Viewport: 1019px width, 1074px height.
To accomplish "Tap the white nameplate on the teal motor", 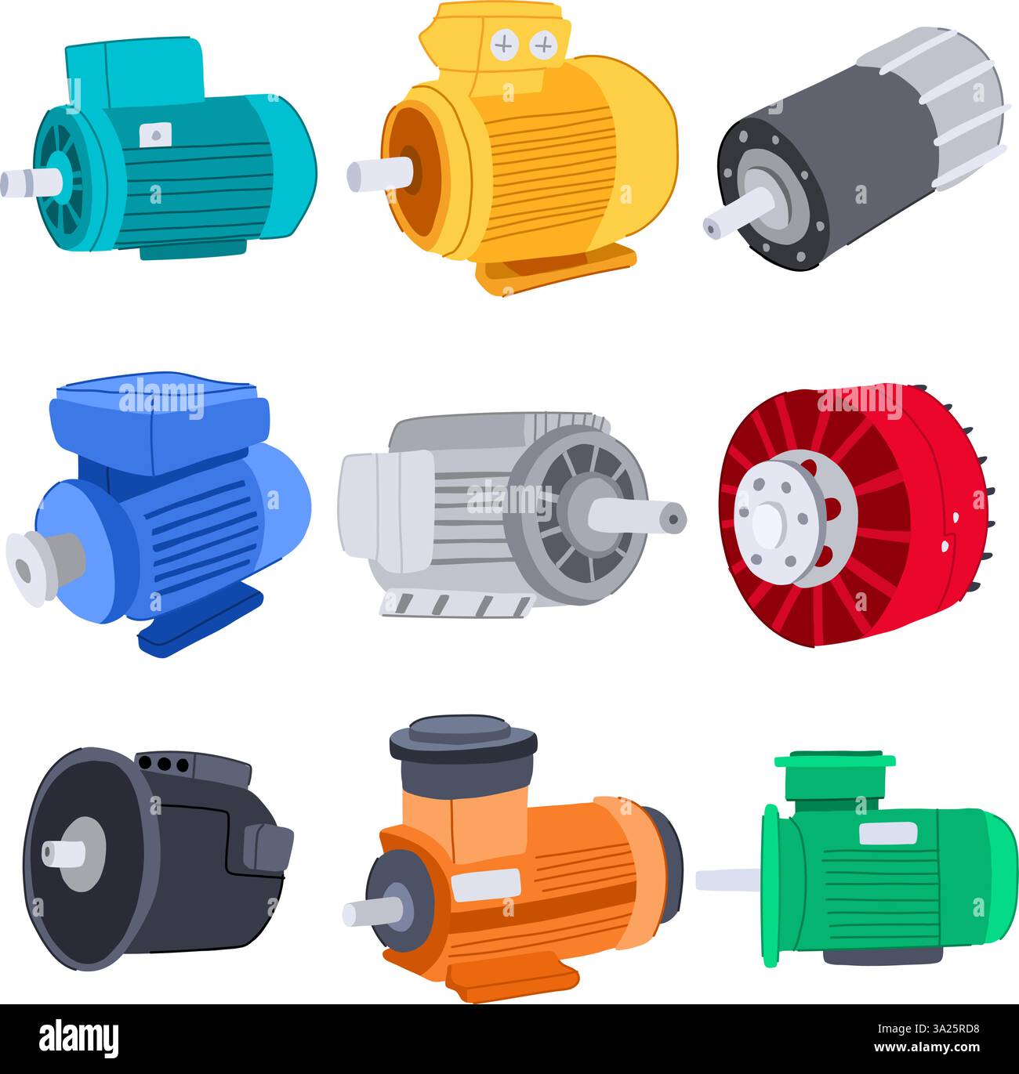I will (x=155, y=135).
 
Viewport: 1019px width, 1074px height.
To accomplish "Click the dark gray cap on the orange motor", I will (x=463, y=737).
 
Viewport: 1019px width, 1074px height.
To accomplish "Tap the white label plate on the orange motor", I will (x=485, y=884).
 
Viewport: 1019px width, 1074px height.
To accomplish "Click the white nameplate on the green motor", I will (x=887, y=834).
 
